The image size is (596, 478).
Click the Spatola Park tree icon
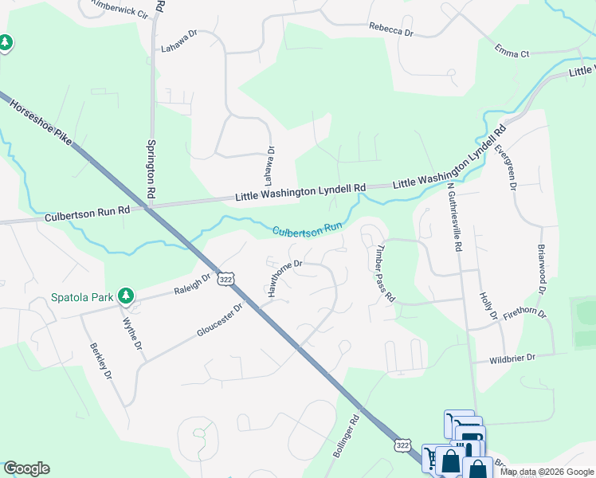[x=125, y=296]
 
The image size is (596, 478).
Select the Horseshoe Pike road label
[x=41, y=123]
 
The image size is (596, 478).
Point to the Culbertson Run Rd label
[x=76, y=213]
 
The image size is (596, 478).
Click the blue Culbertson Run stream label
[x=307, y=230]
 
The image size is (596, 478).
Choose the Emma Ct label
[x=512, y=53]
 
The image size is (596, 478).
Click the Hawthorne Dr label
[x=285, y=275]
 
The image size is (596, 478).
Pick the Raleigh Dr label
[x=192, y=285]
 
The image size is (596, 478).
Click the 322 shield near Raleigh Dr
[x=226, y=279]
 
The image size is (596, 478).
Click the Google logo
[x=26, y=468]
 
